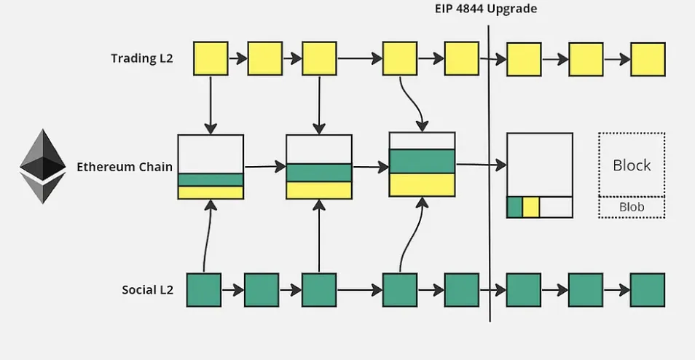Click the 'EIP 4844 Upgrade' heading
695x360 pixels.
click(486, 9)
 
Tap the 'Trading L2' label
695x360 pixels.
click(142, 58)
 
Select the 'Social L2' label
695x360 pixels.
click(148, 290)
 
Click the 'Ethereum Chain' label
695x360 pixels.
click(125, 167)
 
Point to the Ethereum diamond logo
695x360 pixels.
click(43, 166)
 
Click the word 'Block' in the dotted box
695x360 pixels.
click(632, 165)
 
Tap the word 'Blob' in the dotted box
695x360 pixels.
click(632, 207)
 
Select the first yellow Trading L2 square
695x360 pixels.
click(211, 58)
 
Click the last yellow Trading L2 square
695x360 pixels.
click(648, 60)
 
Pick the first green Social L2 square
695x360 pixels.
click(204, 290)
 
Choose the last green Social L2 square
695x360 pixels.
click(648, 290)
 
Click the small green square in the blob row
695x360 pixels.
click(514, 207)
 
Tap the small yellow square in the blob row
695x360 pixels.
click(530, 207)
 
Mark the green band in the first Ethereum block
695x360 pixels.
click(211, 179)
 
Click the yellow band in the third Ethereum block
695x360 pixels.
click(422, 184)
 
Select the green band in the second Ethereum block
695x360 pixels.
click(319, 173)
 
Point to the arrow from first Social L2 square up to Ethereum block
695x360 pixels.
click(207, 235)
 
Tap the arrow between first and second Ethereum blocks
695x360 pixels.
click(265, 167)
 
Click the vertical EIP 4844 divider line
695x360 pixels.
click(490, 173)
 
